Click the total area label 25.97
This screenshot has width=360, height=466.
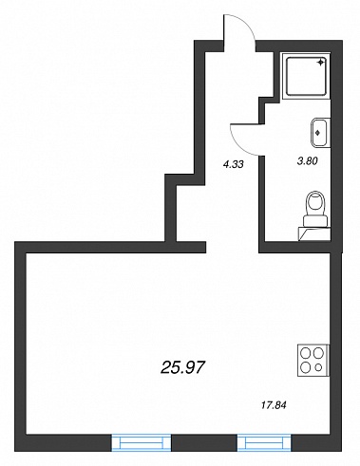[x=183, y=367]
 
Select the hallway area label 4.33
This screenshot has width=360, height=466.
[x=233, y=164]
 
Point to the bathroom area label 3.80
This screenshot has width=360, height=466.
[x=307, y=161]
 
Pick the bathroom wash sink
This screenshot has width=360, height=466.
[x=320, y=133]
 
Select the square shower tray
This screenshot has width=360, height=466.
[x=306, y=76]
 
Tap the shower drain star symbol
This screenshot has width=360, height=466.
[x=320, y=62]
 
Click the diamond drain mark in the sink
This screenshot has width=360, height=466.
[x=318, y=133]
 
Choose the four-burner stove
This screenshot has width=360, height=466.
[x=313, y=361]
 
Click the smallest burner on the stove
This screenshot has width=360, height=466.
[x=319, y=367]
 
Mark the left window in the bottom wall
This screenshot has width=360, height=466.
[x=142, y=442]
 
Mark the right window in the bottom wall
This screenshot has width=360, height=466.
[x=264, y=442]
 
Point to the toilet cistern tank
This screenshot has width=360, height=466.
[x=315, y=220]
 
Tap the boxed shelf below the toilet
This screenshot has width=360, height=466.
[x=314, y=234]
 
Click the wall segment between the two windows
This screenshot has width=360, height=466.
[x=204, y=442]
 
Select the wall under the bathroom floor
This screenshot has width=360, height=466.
[x=300, y=247]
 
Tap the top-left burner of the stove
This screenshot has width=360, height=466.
[x=306, y=353]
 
